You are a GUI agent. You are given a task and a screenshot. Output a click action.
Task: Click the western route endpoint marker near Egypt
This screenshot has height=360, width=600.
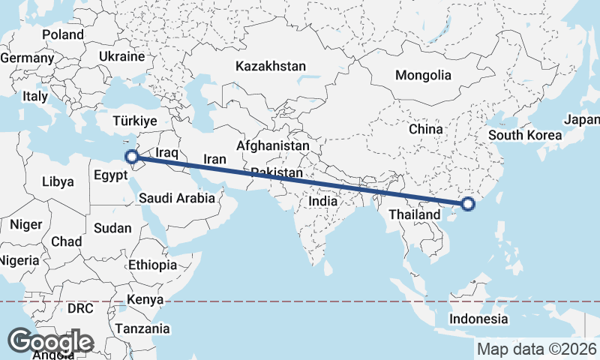[x=131, y=157]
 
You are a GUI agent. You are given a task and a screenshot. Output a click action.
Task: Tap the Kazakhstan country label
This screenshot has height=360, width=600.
[x=270, y=67]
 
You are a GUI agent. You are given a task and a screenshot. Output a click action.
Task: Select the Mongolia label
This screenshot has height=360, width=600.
[x=424, y=75]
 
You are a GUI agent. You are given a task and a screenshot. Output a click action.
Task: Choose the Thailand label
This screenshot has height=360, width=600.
[x=414, y=215]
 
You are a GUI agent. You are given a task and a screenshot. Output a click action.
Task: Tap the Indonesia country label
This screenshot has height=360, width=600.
[x=478, y=319]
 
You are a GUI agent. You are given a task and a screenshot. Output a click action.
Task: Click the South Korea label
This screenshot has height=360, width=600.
[x=524, y=136]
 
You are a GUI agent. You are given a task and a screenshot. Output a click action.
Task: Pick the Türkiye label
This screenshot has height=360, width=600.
[x=134, y=121]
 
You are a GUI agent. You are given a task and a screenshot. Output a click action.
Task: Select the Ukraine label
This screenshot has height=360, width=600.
[x=121, y=56]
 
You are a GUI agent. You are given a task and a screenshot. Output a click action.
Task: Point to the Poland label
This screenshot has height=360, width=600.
[x=63, y=34]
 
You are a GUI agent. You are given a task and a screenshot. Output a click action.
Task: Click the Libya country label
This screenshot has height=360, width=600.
[x=58, y=181]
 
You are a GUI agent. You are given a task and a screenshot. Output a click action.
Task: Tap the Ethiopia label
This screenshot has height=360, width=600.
[x=152, y=265]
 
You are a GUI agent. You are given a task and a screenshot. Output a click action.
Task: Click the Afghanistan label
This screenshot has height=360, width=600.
[x=272, y=145]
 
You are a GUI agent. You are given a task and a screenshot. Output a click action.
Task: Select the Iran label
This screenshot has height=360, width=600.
[x=215, y=160]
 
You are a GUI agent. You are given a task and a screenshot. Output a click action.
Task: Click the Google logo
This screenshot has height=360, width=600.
[x=51, y=342]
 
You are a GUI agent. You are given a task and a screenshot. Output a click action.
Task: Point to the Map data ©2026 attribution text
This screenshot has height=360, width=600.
[x=537, y=349]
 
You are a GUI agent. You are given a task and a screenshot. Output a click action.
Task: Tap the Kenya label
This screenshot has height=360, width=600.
[x=145, y=300]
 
